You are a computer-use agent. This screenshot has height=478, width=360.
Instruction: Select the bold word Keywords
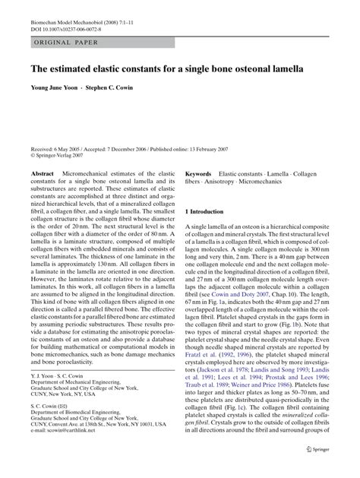coord(198,175)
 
